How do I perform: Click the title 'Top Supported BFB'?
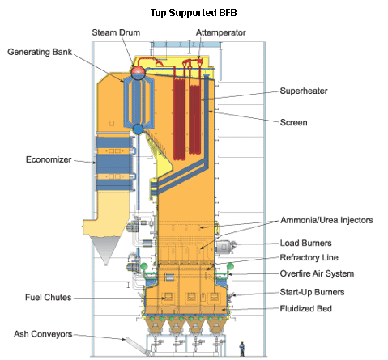click(x=194, y=13)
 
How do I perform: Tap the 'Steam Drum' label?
click(x=116, y=32)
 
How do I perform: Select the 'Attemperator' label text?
click(x=220, y=32)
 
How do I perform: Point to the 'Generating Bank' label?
click(x=40, y=52)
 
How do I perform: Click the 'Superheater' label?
click(x=304, y=91)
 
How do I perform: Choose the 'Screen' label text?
click(x=293, y=122)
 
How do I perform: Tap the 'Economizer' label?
click(x=49, y=159)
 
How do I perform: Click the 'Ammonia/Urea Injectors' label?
click(x=326, y=220)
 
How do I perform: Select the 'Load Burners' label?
click(x=305, y=243)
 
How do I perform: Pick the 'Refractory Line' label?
click(x=309, y=257)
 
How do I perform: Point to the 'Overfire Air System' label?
click(x=317, y=273)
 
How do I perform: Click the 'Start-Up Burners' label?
click(x=312, y=292)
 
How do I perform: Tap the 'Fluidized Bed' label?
click(x=305, y=308)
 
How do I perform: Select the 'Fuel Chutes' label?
click(x=48, y=297)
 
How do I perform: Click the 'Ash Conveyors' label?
click(x=43, y=334)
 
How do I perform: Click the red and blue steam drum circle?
click(x=139, y=72)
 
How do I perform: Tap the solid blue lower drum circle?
click(x=139, y=129)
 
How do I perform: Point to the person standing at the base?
click(x=242, y=349)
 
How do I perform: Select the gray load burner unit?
click(x=225, y=247)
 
